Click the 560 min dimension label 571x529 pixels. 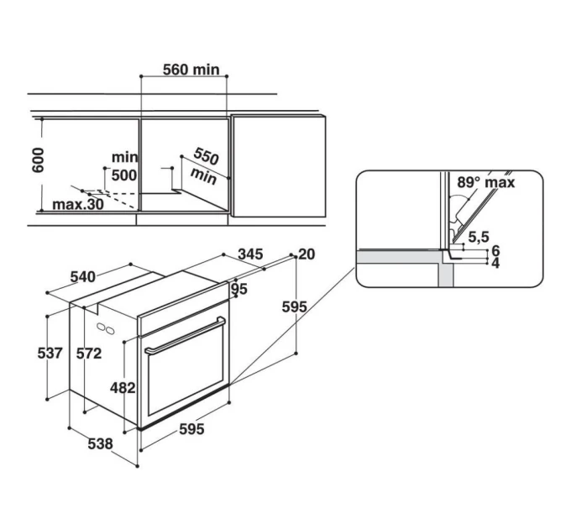(191, 70)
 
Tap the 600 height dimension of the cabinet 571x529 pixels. (39, 160)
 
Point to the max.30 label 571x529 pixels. (78, 205)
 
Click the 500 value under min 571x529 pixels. (124, 175)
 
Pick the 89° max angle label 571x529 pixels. (486, 182)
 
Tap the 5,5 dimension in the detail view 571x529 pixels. (479, 237)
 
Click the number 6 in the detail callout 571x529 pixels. (495, 251)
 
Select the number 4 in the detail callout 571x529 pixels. (495, 263)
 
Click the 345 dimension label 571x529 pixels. (250, 254)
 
